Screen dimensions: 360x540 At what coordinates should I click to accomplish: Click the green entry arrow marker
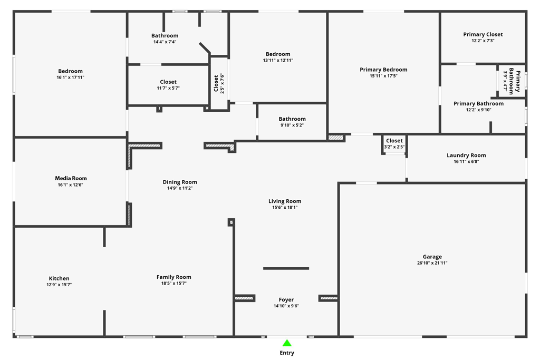(287, 343)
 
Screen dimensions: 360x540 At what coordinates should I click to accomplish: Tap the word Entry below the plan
(287, 353)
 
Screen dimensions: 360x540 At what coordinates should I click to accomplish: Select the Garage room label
(432, 257)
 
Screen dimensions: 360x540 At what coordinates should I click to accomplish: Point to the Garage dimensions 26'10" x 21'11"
(432, 263)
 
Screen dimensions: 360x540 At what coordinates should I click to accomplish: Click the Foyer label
(286, 300)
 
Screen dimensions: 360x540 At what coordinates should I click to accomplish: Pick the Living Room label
(285, 201)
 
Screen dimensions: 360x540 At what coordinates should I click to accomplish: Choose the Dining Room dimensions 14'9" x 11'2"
(180, 188)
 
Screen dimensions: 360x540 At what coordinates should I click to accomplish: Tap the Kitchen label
(59, 278)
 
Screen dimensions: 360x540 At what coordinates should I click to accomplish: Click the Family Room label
(174, 277)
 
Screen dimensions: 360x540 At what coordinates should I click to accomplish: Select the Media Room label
(71, 178)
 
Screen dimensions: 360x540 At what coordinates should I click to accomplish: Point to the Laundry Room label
(466, 155)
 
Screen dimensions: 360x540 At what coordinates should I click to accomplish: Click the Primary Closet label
(483, 34)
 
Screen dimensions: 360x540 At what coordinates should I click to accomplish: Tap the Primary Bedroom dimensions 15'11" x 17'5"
(383, 76)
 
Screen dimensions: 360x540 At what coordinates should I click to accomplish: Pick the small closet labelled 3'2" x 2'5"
(394, 143)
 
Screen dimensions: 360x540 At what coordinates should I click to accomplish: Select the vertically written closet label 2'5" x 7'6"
(219, 83)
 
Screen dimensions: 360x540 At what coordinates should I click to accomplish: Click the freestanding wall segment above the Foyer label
(286, 268)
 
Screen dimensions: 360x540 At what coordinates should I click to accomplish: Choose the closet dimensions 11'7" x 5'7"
(168, 88)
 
